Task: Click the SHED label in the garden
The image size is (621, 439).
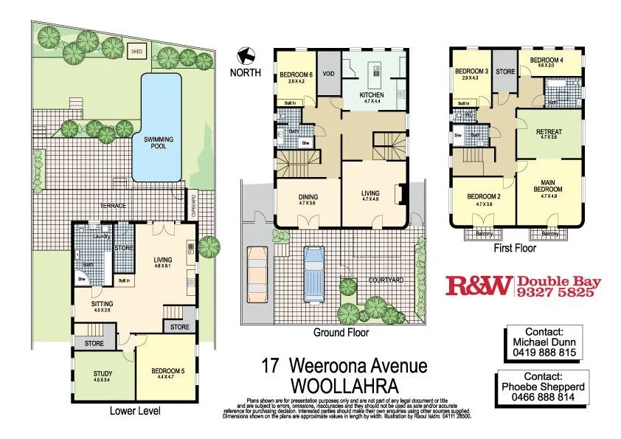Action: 136,52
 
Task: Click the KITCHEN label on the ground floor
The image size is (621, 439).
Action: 372,96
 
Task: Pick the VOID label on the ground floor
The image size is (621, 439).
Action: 329,74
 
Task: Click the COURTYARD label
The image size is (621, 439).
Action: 385,281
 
